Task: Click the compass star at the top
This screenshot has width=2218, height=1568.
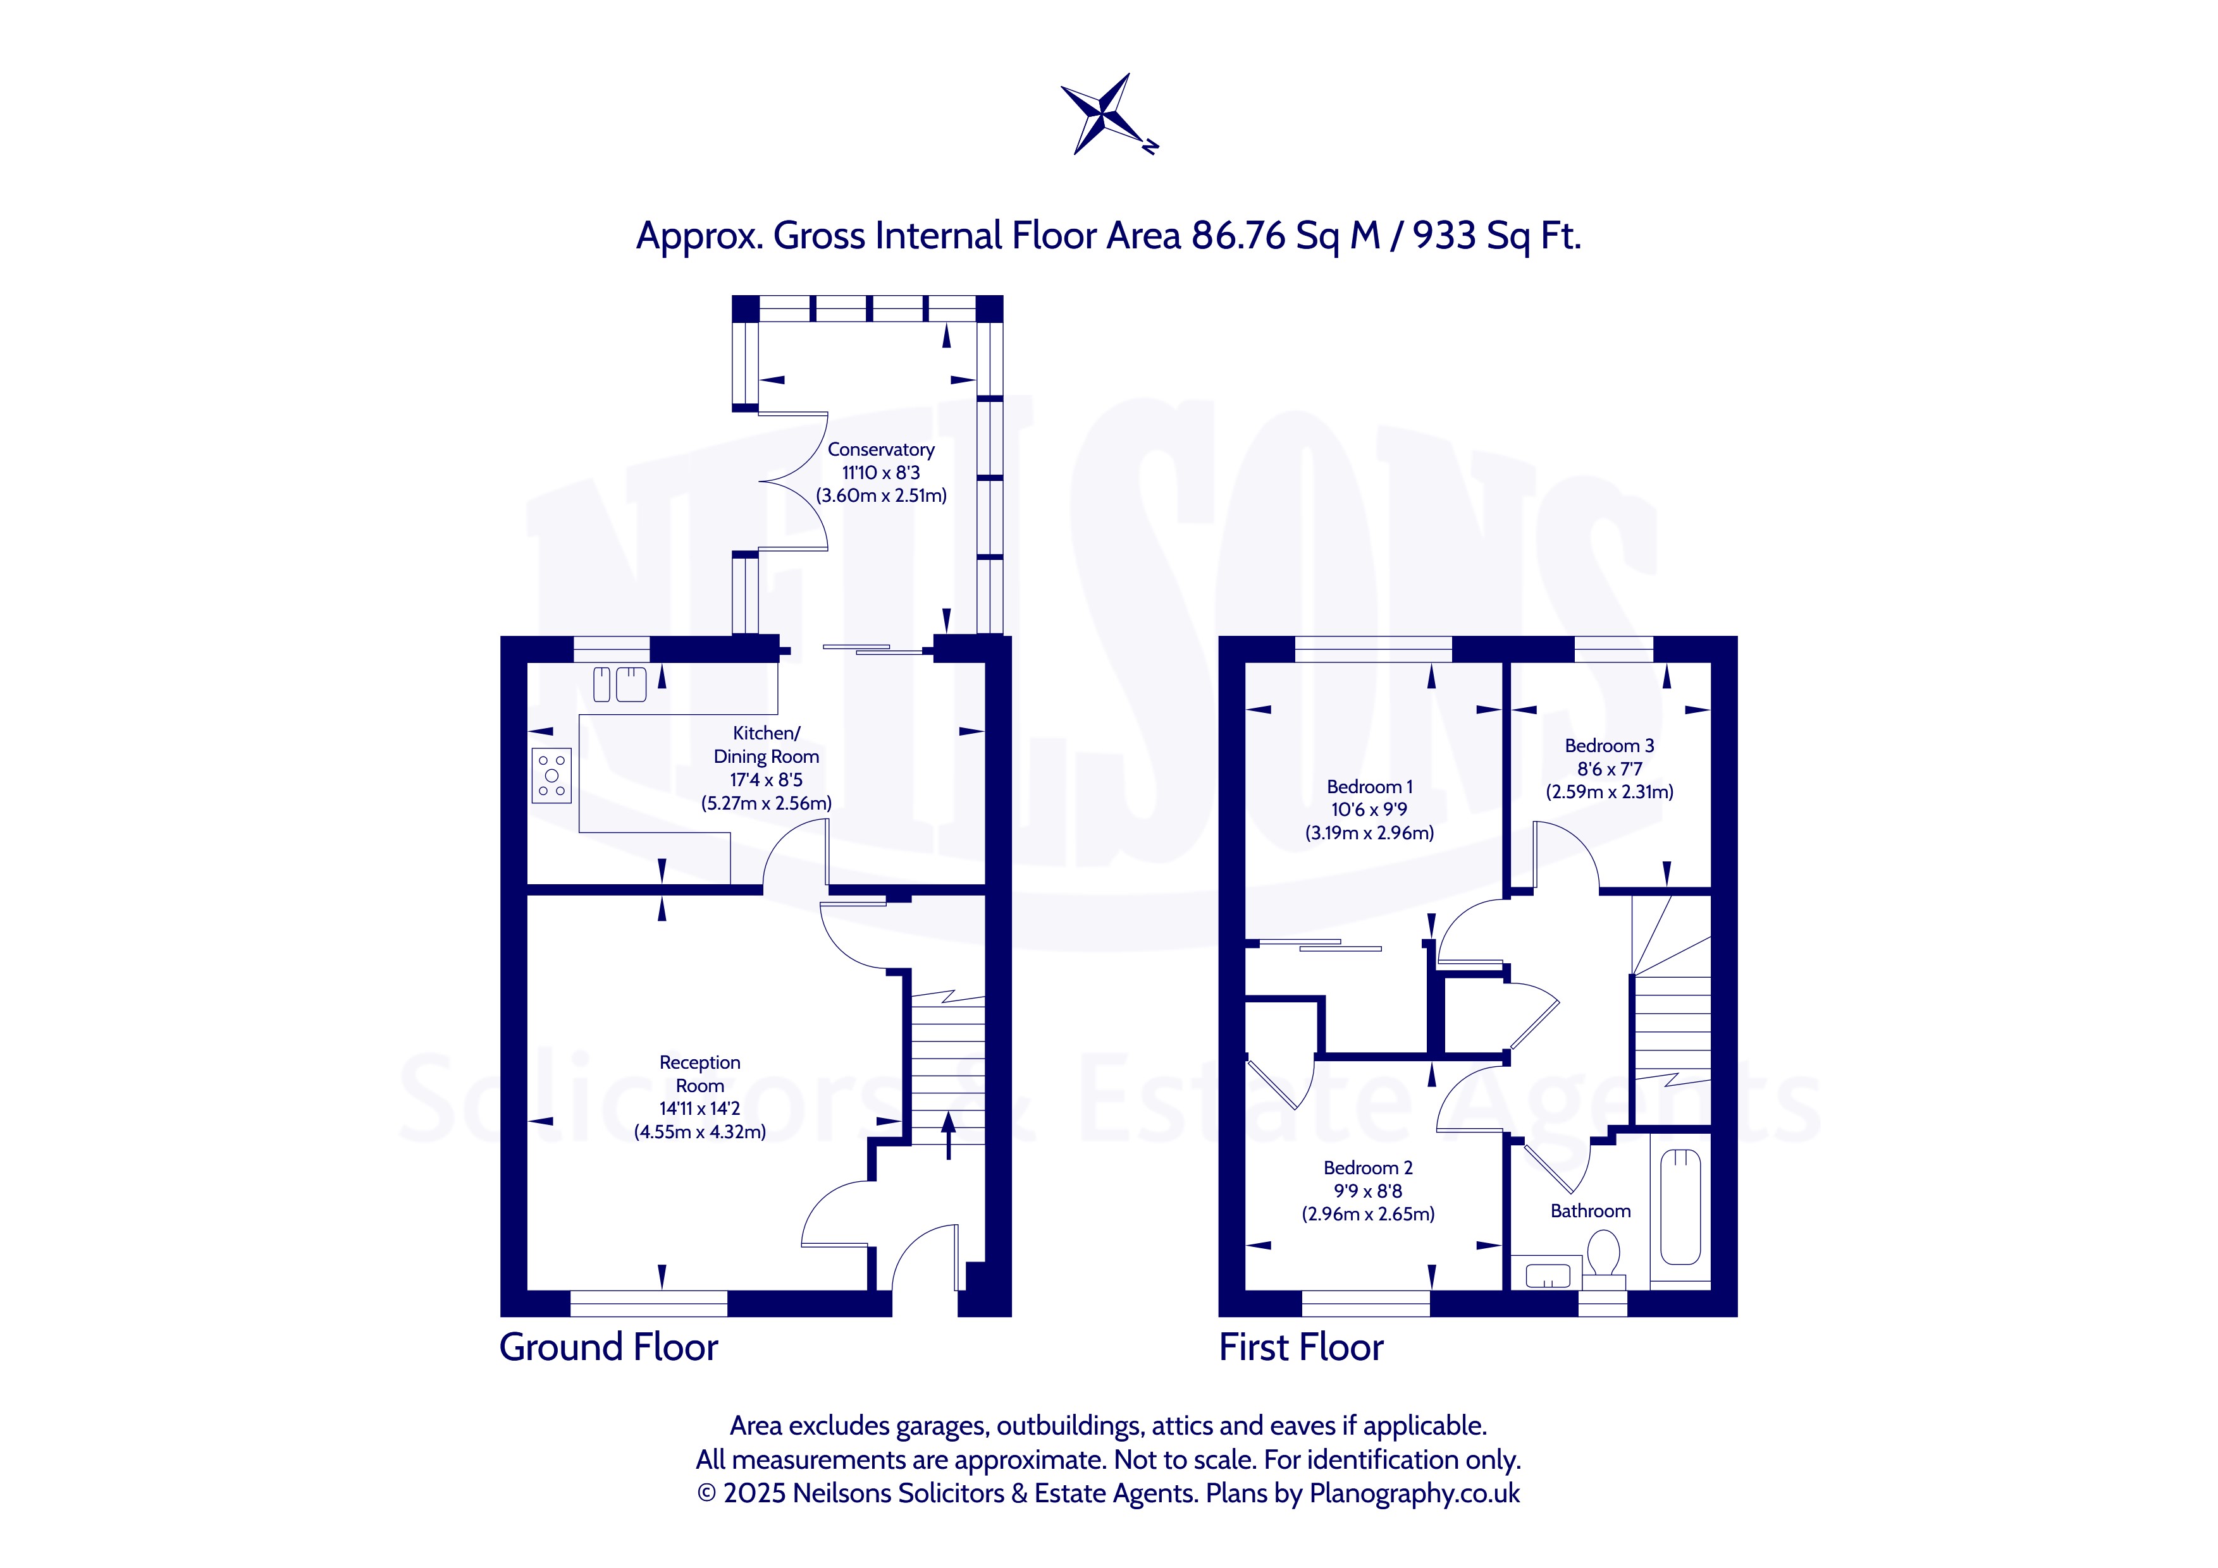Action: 1107,114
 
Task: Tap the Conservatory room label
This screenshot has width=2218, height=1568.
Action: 881,450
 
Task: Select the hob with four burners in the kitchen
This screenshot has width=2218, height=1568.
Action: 551,775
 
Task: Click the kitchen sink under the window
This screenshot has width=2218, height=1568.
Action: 619,684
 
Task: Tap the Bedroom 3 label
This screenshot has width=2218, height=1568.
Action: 1610,745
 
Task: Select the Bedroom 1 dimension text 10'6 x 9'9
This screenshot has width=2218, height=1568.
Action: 1369,810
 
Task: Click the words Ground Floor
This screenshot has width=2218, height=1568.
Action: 608,1348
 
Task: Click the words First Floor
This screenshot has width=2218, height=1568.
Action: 1301,1348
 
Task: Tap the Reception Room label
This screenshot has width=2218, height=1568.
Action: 700,1074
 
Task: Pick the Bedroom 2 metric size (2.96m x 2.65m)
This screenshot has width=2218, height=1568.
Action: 1368,1215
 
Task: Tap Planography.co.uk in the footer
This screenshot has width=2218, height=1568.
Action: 1414,1493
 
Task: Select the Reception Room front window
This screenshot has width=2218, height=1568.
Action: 649,1303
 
